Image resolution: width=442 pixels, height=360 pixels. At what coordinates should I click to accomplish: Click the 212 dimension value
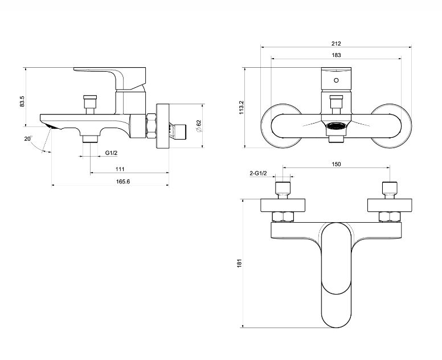coord(336,44)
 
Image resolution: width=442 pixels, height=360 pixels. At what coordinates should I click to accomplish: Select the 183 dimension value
coord(336,55)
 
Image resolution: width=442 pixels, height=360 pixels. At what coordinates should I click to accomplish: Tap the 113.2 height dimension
coord(242,107)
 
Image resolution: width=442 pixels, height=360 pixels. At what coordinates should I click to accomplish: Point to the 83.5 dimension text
coord(22,101)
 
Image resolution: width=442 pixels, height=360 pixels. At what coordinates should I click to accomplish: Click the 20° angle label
coord(28,138)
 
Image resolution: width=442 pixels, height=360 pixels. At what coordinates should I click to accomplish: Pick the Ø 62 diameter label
coord(199,126)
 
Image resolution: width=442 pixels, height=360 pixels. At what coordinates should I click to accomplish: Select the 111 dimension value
coord(120,169)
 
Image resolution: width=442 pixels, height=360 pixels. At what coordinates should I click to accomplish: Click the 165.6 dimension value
coord(123,182)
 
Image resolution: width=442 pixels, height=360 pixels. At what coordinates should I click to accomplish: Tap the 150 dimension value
coord(336,164)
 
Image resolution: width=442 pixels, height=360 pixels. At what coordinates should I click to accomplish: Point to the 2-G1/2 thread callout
coord(258,173)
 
